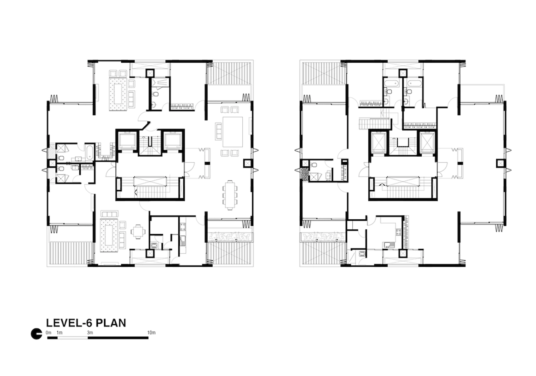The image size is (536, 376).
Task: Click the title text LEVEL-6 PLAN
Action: coord(86,323)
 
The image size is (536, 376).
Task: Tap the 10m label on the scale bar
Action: coord(151,333)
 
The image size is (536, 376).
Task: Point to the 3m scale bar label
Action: coord(90,333)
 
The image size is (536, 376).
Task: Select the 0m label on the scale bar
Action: coord(49,333)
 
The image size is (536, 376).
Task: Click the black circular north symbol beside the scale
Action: coord(36,334)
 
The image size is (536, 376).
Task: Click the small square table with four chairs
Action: coord(138,231)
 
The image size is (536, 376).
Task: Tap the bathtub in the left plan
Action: coord(89,153)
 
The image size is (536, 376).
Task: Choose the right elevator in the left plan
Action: coord(173,141)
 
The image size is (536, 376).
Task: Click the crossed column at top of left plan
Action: coord(149,73)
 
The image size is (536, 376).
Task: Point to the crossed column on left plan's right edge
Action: coord(247,163)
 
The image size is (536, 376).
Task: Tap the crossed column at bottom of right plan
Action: coord(402,254)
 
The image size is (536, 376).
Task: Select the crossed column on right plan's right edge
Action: coord(500,163)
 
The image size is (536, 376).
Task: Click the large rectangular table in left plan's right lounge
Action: coord(232,132)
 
